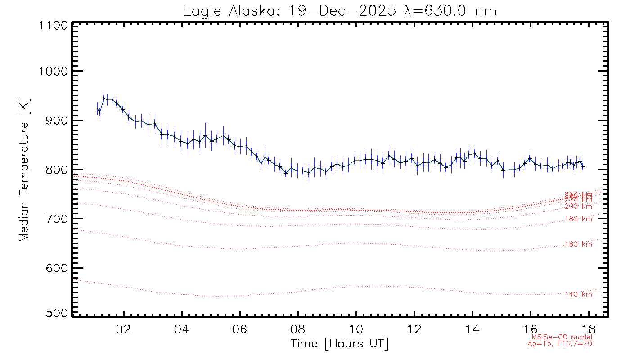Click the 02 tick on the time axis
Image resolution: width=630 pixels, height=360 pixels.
[x=123, y=329]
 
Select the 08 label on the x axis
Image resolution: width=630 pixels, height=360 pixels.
[x=298, y=329]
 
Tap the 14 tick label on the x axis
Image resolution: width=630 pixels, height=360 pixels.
[x=472, y=329]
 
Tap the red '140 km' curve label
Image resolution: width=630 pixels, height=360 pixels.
[x=579, y=294]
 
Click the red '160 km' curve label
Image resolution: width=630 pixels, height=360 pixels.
[x=579, y=244]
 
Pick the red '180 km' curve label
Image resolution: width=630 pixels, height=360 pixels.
[x=579, y=219]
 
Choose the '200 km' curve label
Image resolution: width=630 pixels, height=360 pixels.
[x=579, y=207]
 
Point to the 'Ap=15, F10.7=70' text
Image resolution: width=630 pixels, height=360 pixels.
[x=560, y=344]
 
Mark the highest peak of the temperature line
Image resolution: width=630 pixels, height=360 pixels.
[x=104, y=99]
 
